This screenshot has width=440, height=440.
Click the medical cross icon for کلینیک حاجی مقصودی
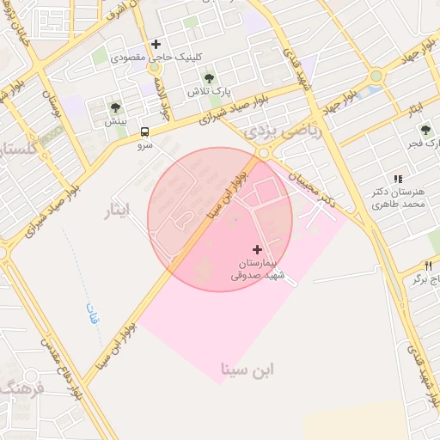click(156, 44)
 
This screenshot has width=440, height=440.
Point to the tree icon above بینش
click(115, 107)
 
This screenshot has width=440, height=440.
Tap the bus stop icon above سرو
click(144, 132)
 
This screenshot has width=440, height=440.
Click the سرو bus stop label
click(144, 146)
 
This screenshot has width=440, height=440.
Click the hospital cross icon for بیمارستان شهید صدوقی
click(257, 248)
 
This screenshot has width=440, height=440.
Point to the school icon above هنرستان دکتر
click(397, 179)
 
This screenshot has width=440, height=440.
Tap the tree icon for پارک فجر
click(425, 130)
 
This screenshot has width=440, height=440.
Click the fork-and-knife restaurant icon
click(428, 266)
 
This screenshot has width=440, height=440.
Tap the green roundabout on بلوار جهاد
click(375, 76)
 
